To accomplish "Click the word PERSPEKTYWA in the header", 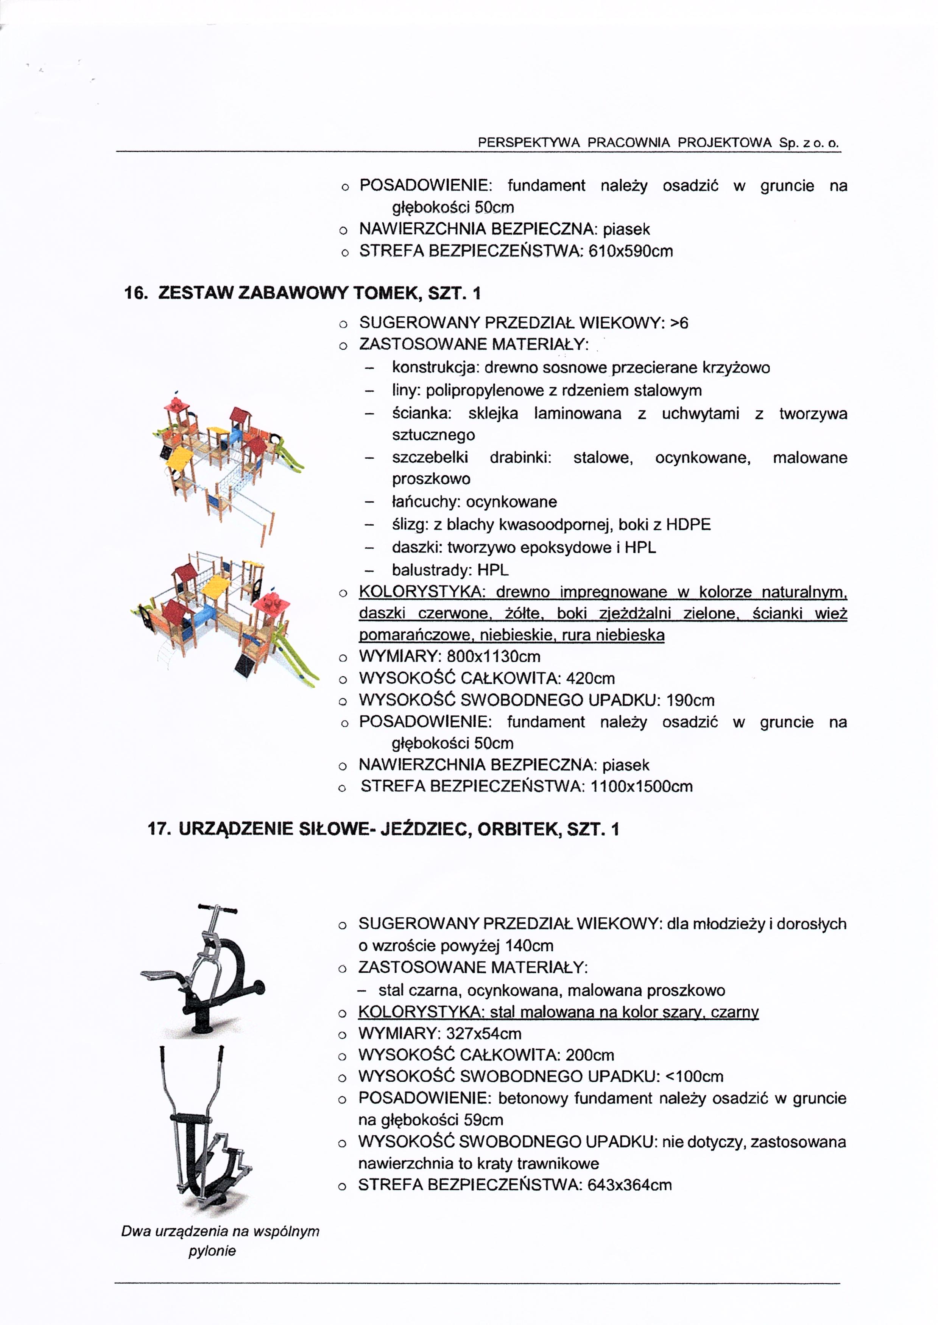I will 528,143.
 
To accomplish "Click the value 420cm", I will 590,678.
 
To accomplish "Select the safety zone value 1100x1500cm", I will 641,786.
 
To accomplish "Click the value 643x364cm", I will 629,1185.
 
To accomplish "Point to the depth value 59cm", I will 483,1120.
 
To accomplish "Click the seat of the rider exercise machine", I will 162,975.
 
